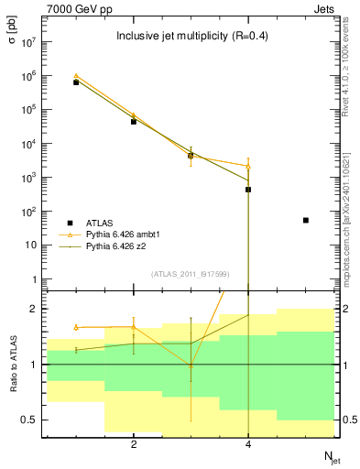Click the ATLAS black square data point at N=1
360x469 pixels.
click(76, 82)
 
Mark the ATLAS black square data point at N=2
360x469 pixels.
click(134, 121)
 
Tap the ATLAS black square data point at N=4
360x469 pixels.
click(248, 190)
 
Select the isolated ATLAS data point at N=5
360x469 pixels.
click(306, 220)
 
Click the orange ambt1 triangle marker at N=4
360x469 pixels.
click(248, 167)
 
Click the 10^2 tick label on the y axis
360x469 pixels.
click(29, 212)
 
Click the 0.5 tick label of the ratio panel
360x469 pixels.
click(28, 420)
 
